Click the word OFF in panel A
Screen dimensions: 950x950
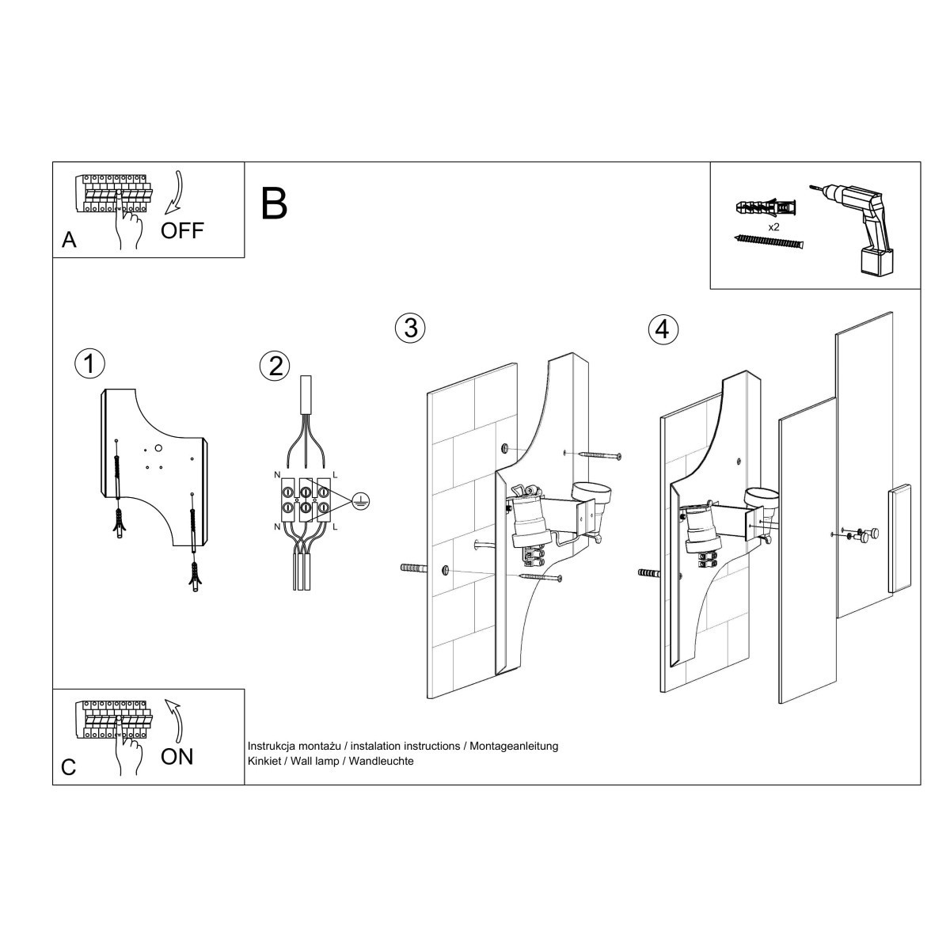pyautogui.click(x=182, y=230)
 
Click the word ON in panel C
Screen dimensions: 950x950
pyautogui.click(x=177, y=756)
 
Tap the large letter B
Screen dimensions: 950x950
pyautogui.click(x=274, y=203)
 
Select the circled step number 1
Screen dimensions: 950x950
pyautogui.click(x=89, y=363)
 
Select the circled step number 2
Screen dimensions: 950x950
pyautogui.click(x=275, y=366)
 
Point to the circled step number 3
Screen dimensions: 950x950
pyautogui.click(x=410, y=328)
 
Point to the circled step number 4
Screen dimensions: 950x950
pyautogui.click(x=663, y=329)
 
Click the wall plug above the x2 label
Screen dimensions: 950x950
pyautogui.click(x=766, y=209)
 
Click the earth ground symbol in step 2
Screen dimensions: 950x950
pyautogui.click(x=360, y=500)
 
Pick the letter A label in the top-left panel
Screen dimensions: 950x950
pyautogui.click(x=69, y=241)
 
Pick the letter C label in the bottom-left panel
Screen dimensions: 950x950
pyautogui.click(x=69, y=767)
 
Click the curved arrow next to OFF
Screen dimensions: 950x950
pyautogui.click(x=175, y=192)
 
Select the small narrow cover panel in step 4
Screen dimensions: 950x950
pyautogui.click(x=899, y=539)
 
